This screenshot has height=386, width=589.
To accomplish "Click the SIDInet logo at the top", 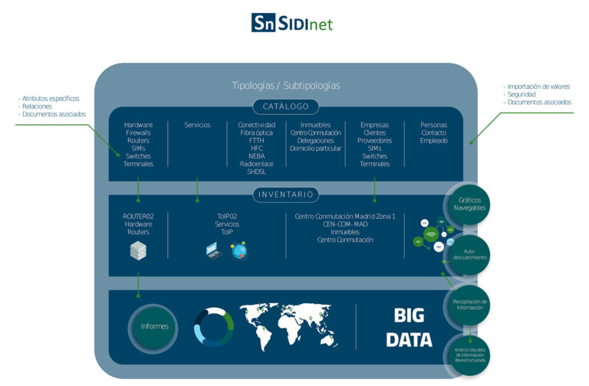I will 291,22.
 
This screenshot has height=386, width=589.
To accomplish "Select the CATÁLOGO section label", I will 285,107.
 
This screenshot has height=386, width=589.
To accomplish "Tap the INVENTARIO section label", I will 285,195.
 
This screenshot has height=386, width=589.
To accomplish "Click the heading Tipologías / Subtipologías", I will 285,85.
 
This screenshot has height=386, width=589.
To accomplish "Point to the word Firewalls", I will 138,133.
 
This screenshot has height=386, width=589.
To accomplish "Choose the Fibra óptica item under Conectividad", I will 256,133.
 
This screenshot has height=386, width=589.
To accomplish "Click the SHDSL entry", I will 256,172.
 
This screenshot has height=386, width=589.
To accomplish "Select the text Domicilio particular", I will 316,149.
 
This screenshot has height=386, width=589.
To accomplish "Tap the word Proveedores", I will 374,141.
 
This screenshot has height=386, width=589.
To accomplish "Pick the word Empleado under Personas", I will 433,141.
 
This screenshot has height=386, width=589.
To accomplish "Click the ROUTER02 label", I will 138,217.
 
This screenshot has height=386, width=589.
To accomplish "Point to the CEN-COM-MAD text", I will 344,224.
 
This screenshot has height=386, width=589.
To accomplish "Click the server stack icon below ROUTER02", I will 138,250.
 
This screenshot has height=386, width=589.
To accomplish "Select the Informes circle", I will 155,326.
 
